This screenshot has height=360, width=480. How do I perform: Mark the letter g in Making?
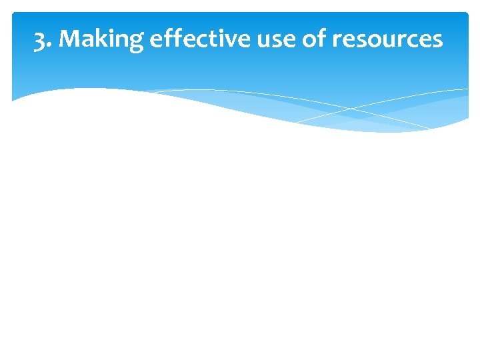pyautogui.click(x=135, y=43)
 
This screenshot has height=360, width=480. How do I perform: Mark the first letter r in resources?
pyautogui.click(x=337, y=41)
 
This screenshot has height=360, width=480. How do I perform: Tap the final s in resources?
pyautogui.click(x=437, y=41)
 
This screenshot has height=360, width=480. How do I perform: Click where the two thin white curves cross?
pyautogui.click(x=353, y=108)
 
